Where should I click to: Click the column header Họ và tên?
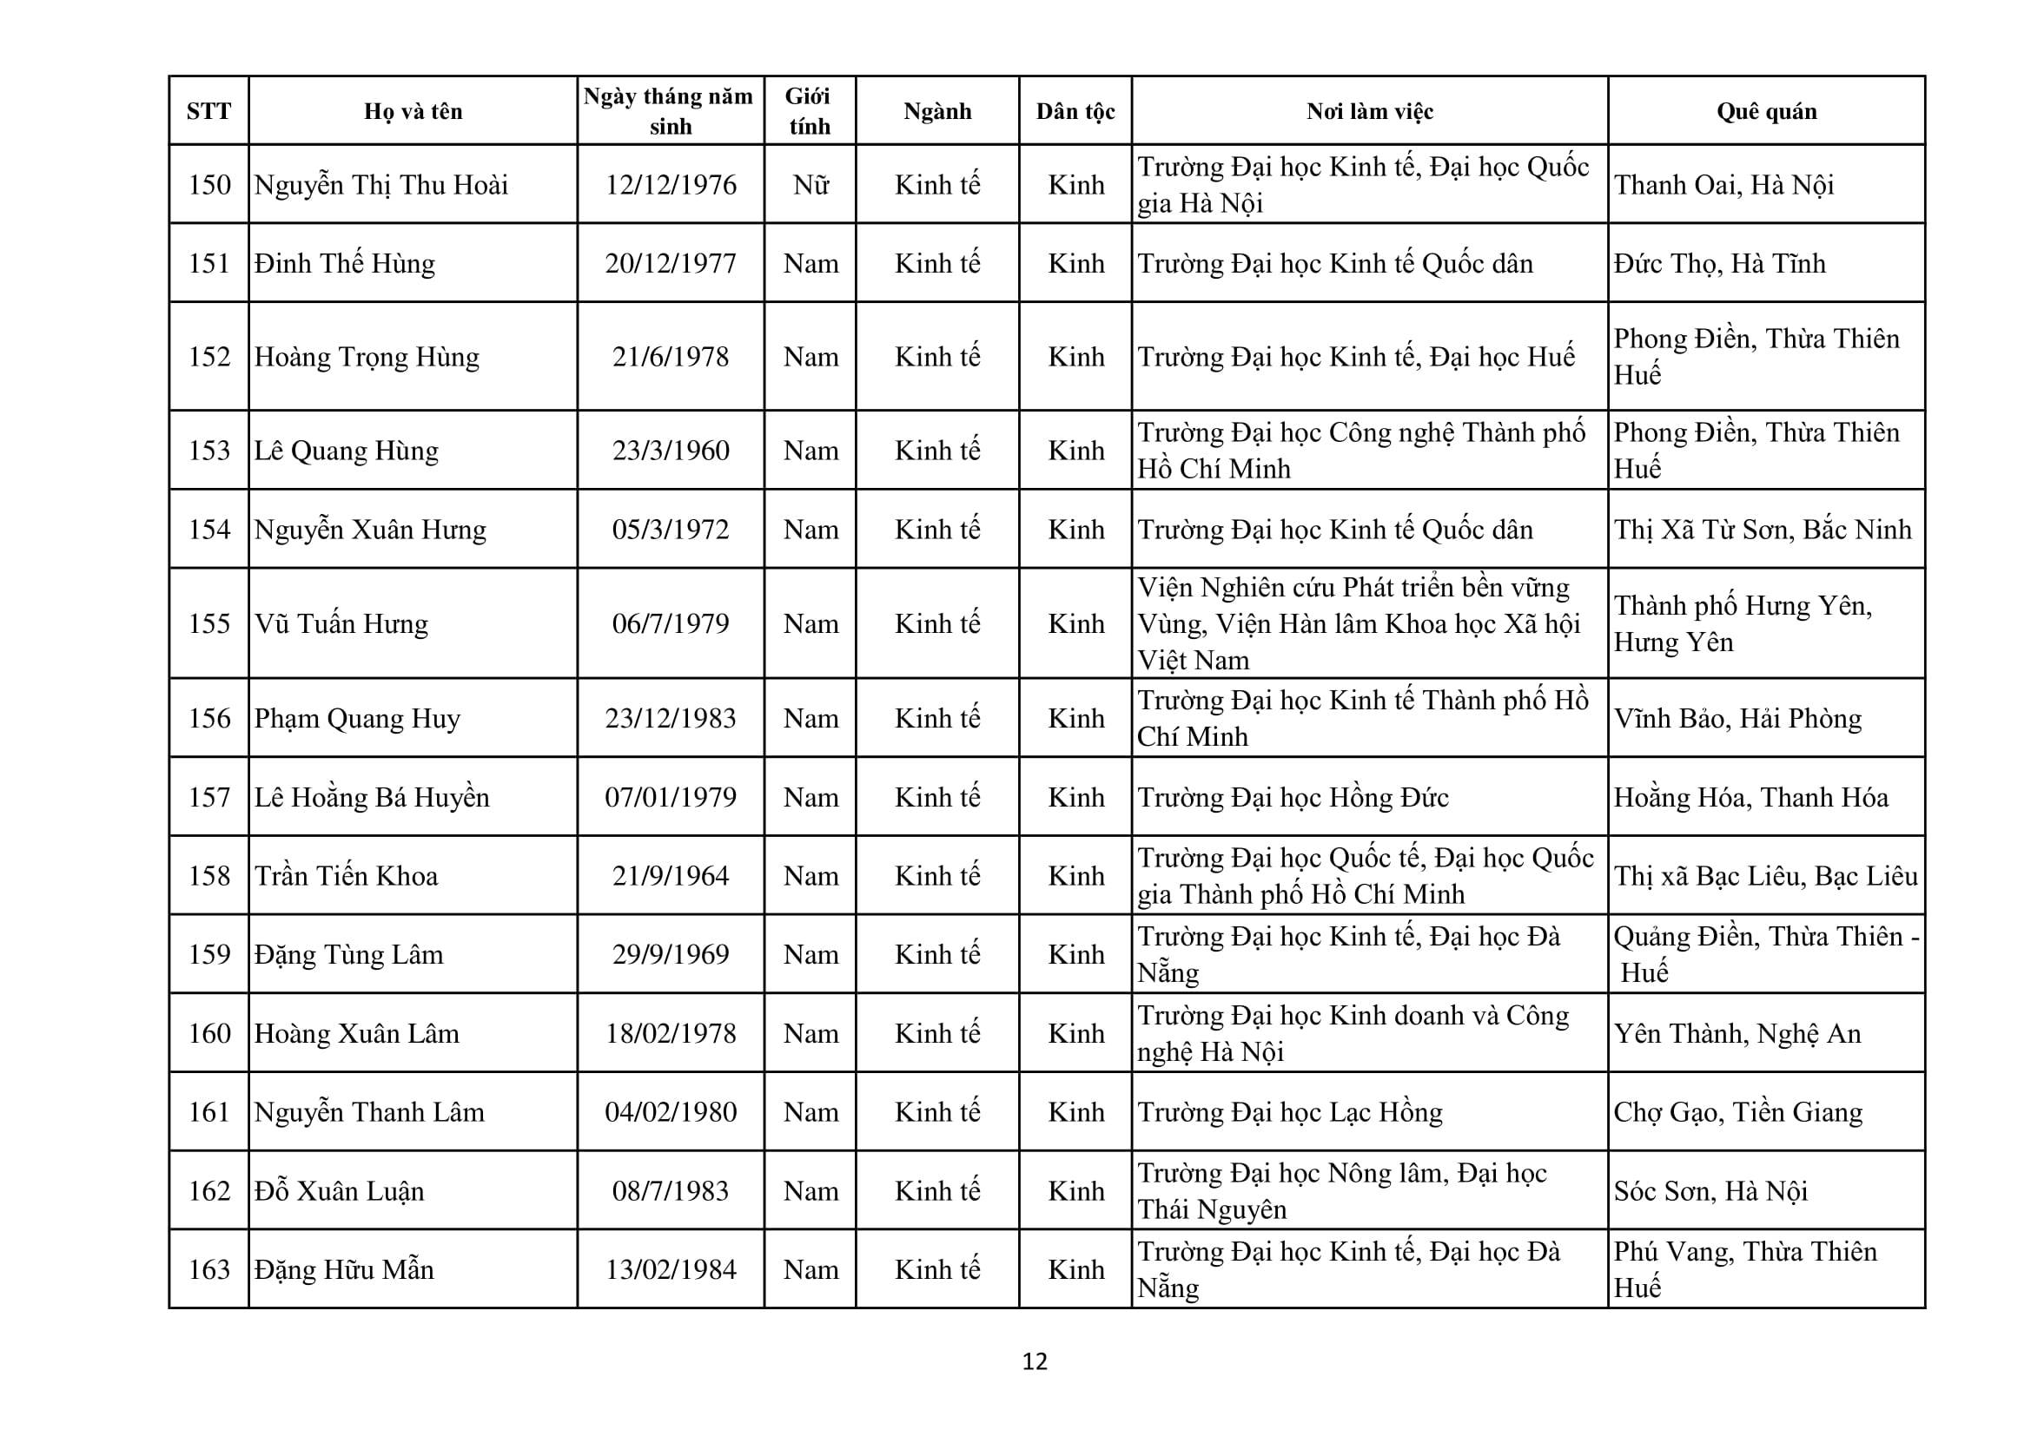point(413,111)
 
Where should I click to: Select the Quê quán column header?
point(1766,111)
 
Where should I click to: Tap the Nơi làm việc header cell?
point(1369,111)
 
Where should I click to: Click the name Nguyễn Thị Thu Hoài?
point(381,185)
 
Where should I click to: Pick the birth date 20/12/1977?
point(671,264)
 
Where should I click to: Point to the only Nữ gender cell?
point(810,185)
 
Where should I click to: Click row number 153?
point(208,451)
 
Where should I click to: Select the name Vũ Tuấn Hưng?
point(341,624)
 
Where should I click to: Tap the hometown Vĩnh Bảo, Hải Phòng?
point(1737,719)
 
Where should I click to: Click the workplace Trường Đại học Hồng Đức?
point(1293,798)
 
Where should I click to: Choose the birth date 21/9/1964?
point(671,876)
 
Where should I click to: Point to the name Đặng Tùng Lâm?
point(348,955)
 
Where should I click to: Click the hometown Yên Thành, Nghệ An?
point(1737,1034)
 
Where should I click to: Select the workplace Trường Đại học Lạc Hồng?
point(1290,1112)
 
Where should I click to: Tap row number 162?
point(208,1191)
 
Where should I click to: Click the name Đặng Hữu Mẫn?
point(344,1270)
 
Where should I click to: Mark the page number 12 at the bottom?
point(1035,1361)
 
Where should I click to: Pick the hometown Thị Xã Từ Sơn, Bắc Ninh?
point(1762,530)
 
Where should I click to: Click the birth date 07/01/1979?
point(671,798)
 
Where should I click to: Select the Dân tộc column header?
point(1075,111)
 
